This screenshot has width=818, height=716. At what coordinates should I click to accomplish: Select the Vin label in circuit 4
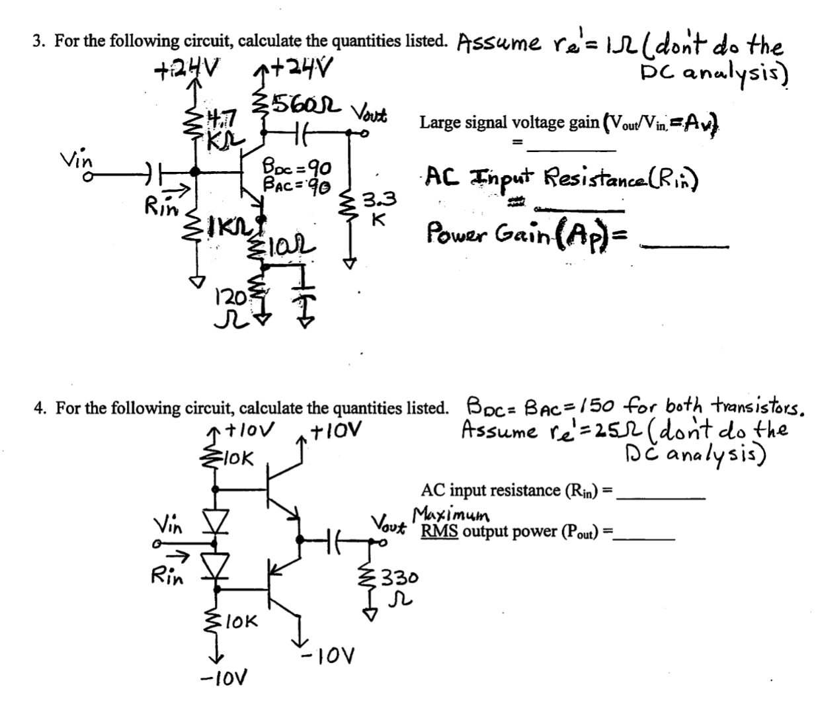(x=169, y=525)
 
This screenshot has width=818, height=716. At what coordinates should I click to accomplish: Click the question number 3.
(x=38, y=41)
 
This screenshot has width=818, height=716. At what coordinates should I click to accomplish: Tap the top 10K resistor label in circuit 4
(x=238, y=457)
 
